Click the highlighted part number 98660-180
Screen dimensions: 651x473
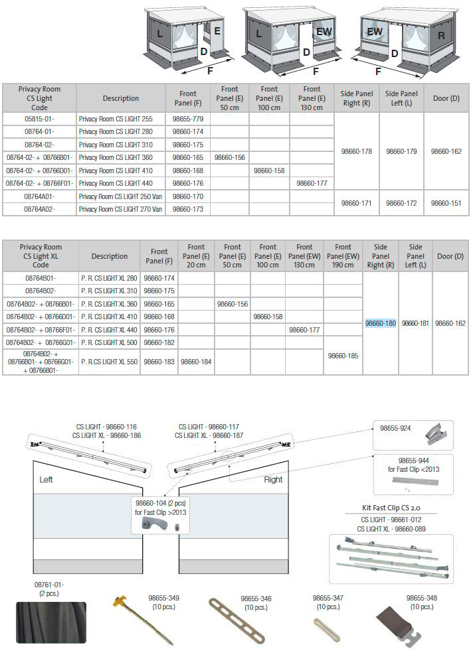[381, 323]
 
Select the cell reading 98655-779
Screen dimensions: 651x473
[188, 119]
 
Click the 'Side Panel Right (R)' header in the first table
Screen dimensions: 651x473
[356, 98]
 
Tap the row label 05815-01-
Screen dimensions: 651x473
[39, 119]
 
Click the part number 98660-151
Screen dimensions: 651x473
[446, 203]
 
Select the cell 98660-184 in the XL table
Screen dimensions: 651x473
[196, 362]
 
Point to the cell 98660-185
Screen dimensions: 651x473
[343, 356]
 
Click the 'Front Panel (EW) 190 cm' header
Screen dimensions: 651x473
[343, 256]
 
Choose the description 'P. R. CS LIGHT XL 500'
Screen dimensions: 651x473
[108, 342]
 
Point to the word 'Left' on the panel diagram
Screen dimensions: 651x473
[46, 479]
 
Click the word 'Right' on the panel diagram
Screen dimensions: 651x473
[273, 479]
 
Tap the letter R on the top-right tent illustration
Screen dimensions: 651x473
[441, 35]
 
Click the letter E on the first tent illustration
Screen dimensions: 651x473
[217, 31]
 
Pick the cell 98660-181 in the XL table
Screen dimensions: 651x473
[415, 323]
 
